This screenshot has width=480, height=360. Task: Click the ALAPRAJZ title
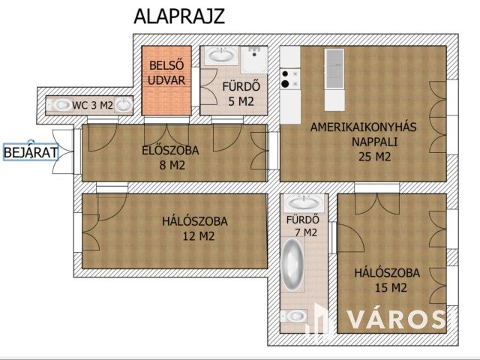(x=179, y=16)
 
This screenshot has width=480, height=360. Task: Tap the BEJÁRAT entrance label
(x=31, y=152)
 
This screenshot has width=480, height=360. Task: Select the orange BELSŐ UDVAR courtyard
(x=166, y=80)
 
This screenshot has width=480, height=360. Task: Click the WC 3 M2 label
(x=92, y=105)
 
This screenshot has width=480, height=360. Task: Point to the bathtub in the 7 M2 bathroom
(x=293, y=265)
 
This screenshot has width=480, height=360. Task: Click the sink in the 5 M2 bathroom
(x=221, y=55)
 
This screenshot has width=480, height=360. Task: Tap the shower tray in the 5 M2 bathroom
(x=254, y=60)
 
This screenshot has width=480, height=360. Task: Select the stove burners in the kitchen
(x=290, y=79)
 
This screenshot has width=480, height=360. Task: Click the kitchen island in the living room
(x=334, y=79)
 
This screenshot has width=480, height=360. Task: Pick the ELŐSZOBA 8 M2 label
(x=171, y=158)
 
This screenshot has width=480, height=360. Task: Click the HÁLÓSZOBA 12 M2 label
(x=195, y=229)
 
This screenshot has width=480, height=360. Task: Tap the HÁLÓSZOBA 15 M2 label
(x=387, y=280)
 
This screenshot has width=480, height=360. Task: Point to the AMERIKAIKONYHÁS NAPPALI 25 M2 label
(x=364, y=142)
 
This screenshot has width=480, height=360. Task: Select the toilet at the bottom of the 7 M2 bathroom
(x=293, y=316)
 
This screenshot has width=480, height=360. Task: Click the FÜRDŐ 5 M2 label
(x=241, y=94)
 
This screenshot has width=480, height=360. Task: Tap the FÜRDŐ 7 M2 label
(x=302, y=226)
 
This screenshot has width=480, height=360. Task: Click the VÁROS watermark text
(x=397, y=319)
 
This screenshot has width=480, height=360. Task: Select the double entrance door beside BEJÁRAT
(x=63, y=151)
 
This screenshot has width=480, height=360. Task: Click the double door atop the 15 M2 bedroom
(x=377, y=204)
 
